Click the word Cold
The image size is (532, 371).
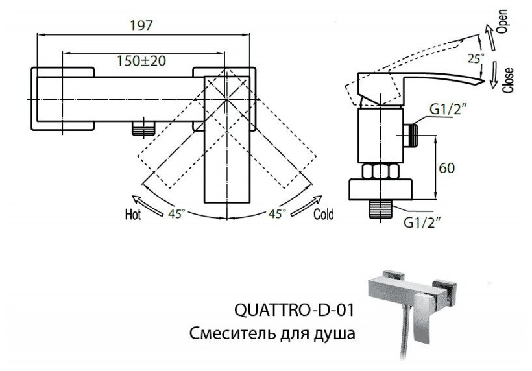[324, 214]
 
